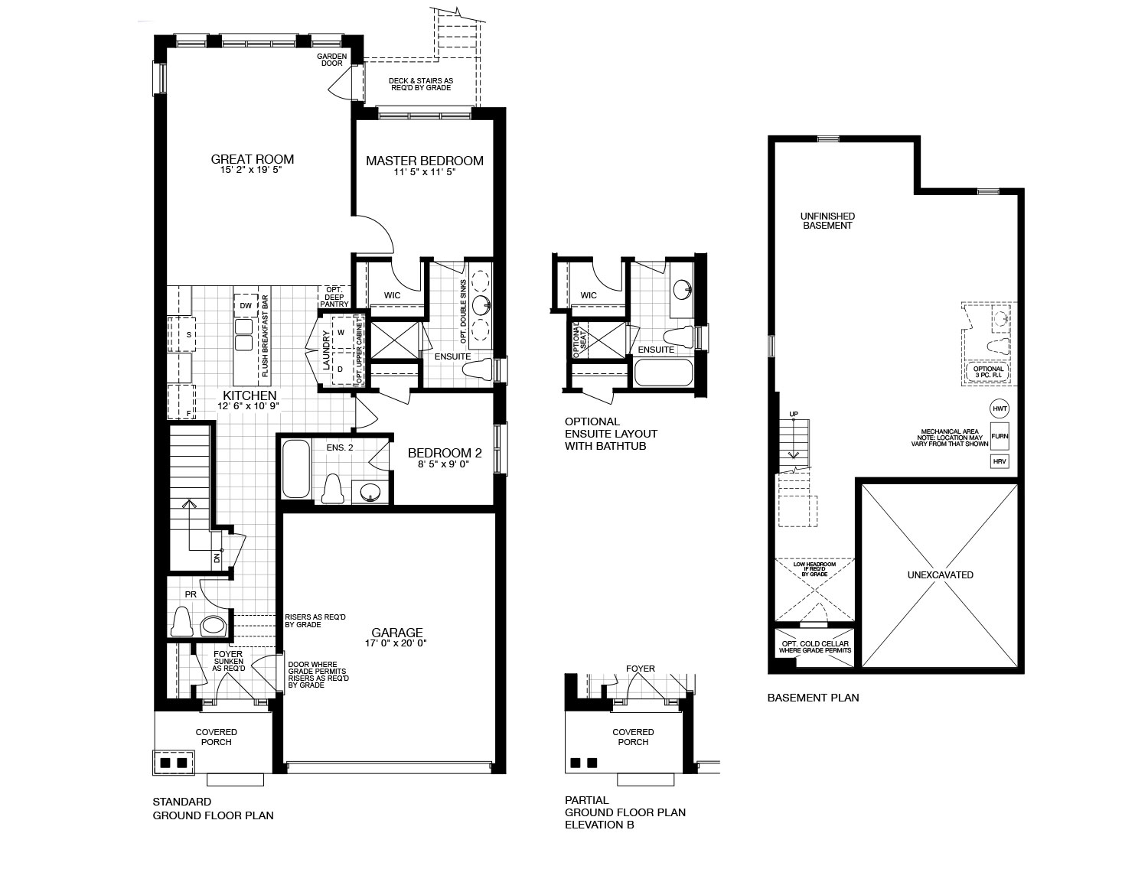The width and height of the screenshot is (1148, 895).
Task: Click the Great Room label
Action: click(x=252, y=159)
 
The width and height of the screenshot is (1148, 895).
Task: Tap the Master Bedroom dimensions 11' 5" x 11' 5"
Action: click(x=424, y=172)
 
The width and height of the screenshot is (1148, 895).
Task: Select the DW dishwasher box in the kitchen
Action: click(x=246, y=306)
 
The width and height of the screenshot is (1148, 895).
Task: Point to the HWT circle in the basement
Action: click(x=999, y=408)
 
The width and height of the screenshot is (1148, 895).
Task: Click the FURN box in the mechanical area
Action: click(x=1000, y=436)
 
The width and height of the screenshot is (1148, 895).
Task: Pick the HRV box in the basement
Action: click(x=999, y=461)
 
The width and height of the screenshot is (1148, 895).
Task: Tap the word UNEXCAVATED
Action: click(x=940, y=575)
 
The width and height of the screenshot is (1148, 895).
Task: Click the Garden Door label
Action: click(x=332, y=60)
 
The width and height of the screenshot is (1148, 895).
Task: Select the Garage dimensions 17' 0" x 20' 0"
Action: click(x=396, y=643)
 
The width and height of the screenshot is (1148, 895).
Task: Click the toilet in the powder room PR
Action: click(x=181, y=621)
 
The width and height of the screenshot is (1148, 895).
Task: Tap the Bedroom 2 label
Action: click(x=445, y=453)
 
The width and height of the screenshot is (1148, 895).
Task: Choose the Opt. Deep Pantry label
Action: click(x=334, y=297)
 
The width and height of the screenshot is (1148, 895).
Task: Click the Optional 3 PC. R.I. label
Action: click(x=988, y=372)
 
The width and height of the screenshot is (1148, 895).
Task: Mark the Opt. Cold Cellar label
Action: click(x=814, y=647)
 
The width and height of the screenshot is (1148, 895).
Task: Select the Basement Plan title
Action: click(x=813, y=698)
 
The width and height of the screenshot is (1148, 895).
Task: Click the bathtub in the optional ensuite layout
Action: click(x=663, y=373)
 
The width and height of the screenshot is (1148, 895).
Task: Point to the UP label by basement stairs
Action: click(x=794, y=414)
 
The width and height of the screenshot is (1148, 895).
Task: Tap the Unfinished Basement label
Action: click(x=827, y=221)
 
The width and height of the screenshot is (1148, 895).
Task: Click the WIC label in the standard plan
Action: click(x=392, y=296)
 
